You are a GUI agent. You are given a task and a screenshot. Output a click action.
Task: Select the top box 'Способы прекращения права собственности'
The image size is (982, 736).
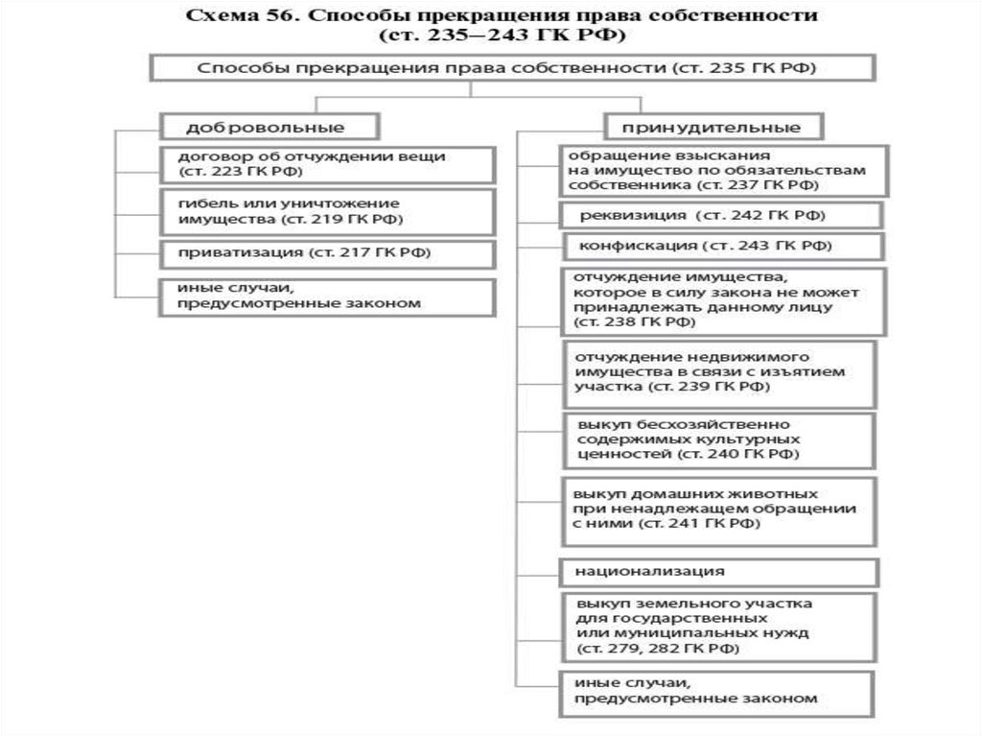[509, 69]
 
